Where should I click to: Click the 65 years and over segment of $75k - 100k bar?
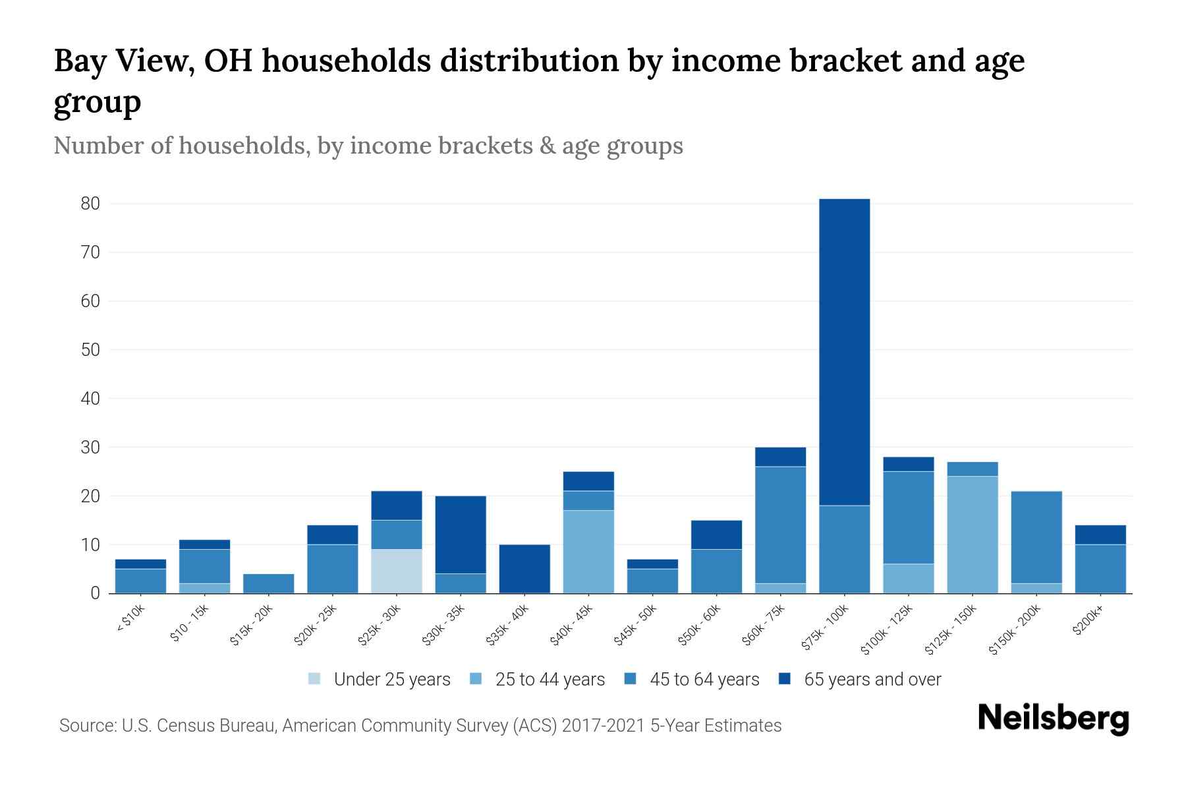844,352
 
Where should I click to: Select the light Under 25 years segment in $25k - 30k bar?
396,571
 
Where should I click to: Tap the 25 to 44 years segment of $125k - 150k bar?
972,534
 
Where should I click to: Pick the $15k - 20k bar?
268,583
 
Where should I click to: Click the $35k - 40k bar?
524,568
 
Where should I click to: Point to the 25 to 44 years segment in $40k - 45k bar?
588,551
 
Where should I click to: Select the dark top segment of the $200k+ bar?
1100,535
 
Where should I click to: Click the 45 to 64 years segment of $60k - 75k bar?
780,525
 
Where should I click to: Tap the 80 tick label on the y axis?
90,204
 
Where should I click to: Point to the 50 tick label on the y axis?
90,350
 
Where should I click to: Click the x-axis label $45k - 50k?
635,625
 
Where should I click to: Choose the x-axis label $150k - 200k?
1015,629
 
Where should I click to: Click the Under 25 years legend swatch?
315,679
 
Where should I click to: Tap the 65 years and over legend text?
872,679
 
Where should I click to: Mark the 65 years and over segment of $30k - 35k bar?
461,535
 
